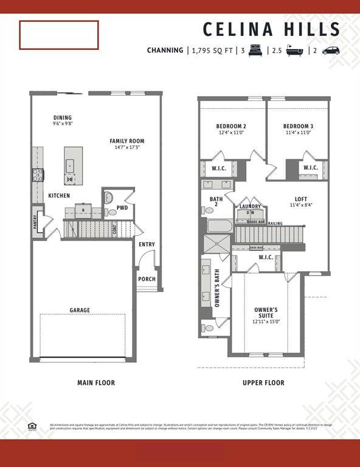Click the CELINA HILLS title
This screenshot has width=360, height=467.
coord(271,29)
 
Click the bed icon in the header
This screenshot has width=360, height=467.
coord(255,50)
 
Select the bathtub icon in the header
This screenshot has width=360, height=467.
coord(296,50)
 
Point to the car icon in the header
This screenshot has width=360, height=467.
coord(331,50)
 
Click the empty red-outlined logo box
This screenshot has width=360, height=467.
coord(59,35)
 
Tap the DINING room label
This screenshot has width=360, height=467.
coord(62,118)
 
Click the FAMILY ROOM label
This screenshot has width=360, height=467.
coord(127,141)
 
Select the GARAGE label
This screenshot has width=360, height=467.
coord(80,310)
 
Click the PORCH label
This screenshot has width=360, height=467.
coord(147,280)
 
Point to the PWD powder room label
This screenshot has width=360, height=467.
coord(122,207)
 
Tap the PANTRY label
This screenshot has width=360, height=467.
coord(35,222)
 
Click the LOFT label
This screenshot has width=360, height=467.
coord(300,199)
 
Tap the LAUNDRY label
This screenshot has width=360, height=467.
coord(250,207)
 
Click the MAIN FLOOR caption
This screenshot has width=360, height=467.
coord(96,383)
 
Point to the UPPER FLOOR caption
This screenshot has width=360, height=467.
coord(263,383)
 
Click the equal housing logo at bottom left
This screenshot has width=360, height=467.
coord(32,426)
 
